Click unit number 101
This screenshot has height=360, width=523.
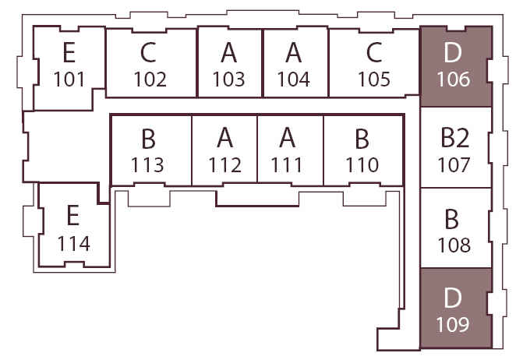click(69, 79)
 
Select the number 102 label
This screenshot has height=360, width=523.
click(150, 79)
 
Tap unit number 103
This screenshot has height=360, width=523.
click(228, 79)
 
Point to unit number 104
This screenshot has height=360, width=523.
click(293, 79)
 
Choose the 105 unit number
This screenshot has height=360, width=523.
click(374, 79)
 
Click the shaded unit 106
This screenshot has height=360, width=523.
click(455, 66)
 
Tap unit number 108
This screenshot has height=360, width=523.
click(454, 245)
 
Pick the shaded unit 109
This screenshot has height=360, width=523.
click(455, 310)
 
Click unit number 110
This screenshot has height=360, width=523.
click(362, 165)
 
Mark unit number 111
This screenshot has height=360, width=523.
click(288, 165)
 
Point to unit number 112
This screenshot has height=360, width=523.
click(224, 165)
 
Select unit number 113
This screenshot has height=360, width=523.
click(148, 165)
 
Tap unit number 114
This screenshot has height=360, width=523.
click(73, 244)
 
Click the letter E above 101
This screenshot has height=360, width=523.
click(69, 52)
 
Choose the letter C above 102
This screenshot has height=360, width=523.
click(149, 52)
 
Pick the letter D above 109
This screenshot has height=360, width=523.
click(454, 297)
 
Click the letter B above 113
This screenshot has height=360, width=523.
click(148, 139)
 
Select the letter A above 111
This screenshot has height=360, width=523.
click(288, 139)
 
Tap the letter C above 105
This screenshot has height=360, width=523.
click(374, 52)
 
